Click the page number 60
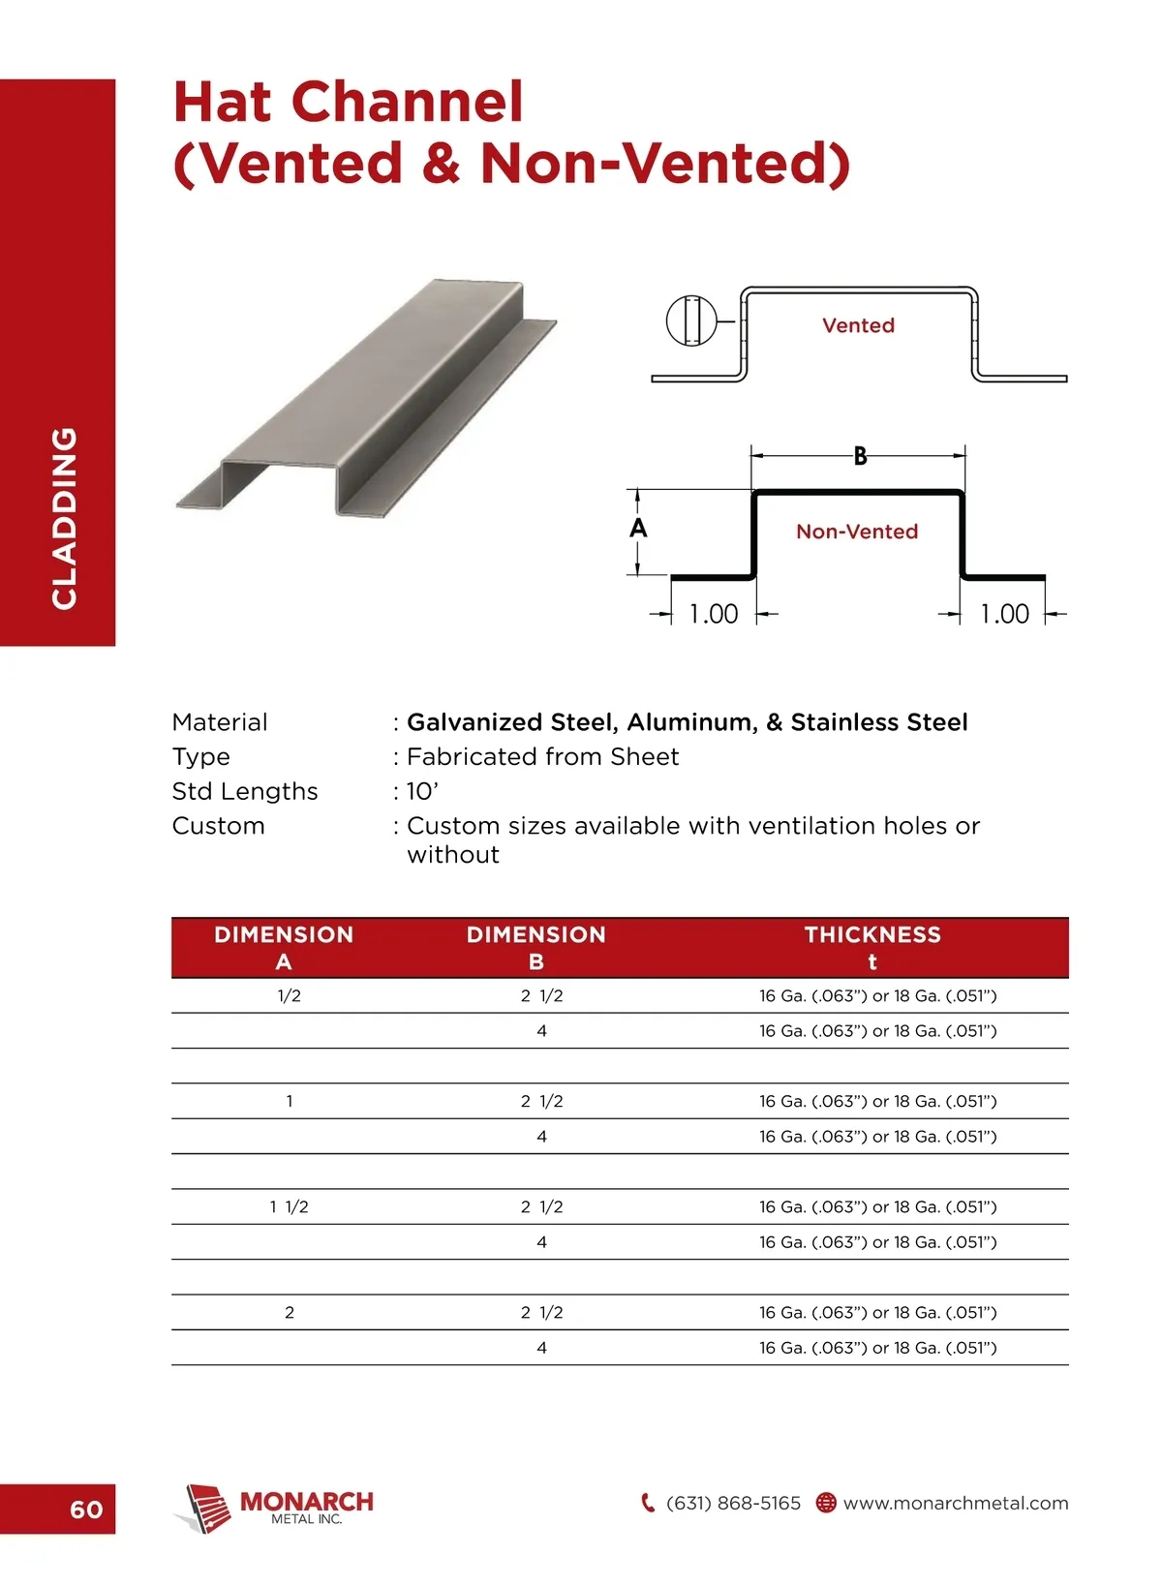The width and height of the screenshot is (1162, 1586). point(86,1509)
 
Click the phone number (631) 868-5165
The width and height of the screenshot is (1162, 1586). point(733,1503)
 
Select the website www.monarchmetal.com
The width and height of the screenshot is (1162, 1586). point(956,1503)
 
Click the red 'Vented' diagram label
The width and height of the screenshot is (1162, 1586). point(858,325)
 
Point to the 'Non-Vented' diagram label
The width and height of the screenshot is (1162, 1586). point(857,532)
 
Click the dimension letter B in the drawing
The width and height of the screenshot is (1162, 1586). point(860,456)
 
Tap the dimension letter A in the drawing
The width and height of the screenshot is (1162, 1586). point(638,528)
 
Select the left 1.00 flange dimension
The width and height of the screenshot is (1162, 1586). point(714,614)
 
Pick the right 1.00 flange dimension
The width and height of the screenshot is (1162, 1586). point(1004,614)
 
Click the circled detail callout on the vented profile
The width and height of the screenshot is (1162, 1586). point(691,320)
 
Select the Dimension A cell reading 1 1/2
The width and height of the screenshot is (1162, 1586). point(289,1206)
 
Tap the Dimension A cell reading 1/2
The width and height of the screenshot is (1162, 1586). point(289,995)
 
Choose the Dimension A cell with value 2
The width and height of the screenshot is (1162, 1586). point(289,1312)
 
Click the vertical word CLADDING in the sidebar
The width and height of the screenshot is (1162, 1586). point(64,518)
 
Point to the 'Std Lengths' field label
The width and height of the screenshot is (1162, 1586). point(245,791)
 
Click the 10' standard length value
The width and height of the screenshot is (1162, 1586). point(422,791)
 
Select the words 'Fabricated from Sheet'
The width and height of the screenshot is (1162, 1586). point(542,756)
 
